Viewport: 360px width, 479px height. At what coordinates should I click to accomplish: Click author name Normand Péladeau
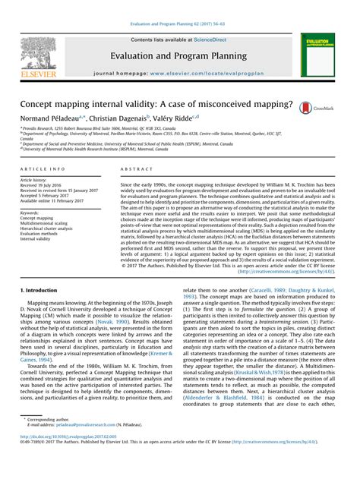[50, 118]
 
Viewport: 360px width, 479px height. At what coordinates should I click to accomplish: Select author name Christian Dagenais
[121, 118]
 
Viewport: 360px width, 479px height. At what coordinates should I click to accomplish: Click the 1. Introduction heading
[39, 290]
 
